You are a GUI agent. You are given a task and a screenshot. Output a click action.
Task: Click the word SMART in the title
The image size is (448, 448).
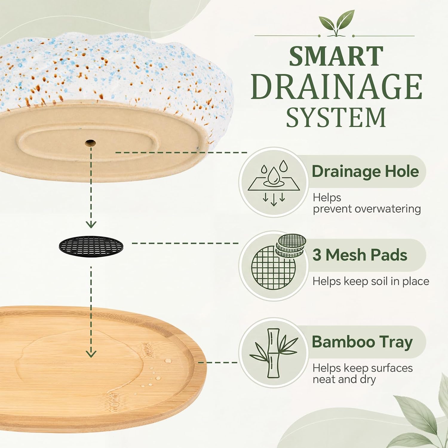tap(336, 56)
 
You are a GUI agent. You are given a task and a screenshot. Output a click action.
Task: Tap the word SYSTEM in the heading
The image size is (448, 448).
tap(336, 117)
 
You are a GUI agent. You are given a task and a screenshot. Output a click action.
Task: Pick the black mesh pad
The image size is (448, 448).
tap(91, 246)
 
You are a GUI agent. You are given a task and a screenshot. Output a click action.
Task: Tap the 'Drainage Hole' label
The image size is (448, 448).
tap(365, 171)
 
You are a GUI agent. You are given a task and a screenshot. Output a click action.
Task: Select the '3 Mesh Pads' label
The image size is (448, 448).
tap(360, 255)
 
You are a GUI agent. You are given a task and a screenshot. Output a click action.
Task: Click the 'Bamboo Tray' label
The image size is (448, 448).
tap(362, 342)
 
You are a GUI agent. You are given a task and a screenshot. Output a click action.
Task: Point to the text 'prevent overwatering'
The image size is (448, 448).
tap(367, 209)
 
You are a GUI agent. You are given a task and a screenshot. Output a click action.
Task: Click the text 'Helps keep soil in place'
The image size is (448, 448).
tap(371, 281)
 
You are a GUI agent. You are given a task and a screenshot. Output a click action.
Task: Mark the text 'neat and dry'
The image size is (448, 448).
tap(344, 380)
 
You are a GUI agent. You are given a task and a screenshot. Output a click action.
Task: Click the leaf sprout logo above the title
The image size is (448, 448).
tap(337, 23)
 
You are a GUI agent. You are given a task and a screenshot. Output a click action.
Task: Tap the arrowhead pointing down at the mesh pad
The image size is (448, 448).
tap(91, 225)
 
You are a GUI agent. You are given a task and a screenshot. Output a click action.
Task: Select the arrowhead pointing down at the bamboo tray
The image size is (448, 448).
tap(91, 354)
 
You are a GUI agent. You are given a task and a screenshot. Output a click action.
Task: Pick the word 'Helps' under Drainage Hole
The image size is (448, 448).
tap(327, 198)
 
